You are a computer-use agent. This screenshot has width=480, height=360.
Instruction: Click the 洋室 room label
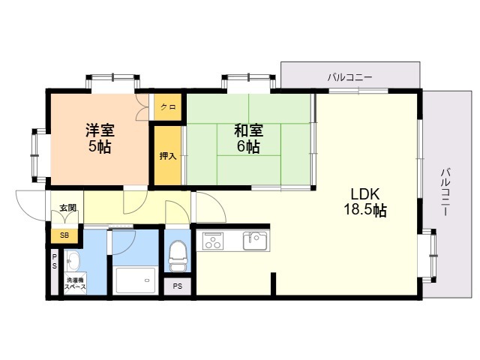(99, 129)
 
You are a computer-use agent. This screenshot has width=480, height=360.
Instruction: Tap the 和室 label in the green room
(248, 129)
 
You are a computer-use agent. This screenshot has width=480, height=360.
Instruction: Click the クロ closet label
(168, 107)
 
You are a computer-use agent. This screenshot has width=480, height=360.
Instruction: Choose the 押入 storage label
(168, 157)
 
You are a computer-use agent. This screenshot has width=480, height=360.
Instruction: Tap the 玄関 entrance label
(67, 208)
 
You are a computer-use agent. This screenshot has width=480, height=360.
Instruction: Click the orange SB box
(64, 236)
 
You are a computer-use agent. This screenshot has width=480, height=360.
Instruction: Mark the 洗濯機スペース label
(75, 283)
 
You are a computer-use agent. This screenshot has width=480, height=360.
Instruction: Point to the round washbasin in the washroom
(72, 262)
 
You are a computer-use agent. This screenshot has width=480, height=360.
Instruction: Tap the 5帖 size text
(99, 146)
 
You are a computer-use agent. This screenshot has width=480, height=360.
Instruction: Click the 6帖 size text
(248, 146)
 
